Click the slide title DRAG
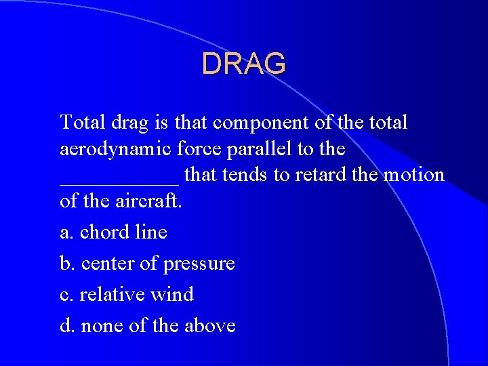244,64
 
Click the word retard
319,175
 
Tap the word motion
413,175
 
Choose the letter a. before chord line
67,232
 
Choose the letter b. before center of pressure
68,264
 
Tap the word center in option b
108,264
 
